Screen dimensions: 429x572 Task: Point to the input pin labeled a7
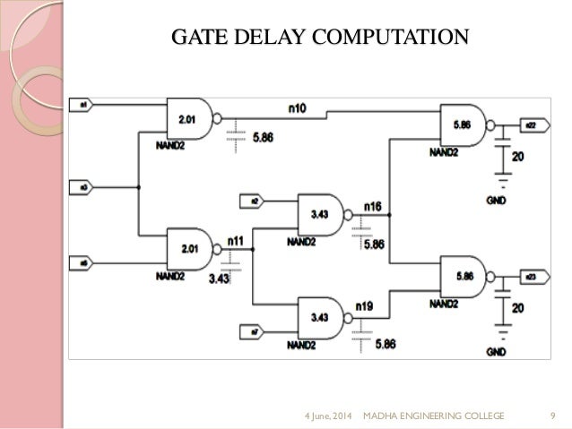(x=254, y=333)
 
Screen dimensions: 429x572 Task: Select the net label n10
(x=298, y=107)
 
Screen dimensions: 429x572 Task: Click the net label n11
(x=235, y=240)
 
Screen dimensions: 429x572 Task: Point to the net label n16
(x=372, y=207)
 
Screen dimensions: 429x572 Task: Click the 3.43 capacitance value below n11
(x=220, y=279)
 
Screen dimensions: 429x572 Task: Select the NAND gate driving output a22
(x=464, y=126)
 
